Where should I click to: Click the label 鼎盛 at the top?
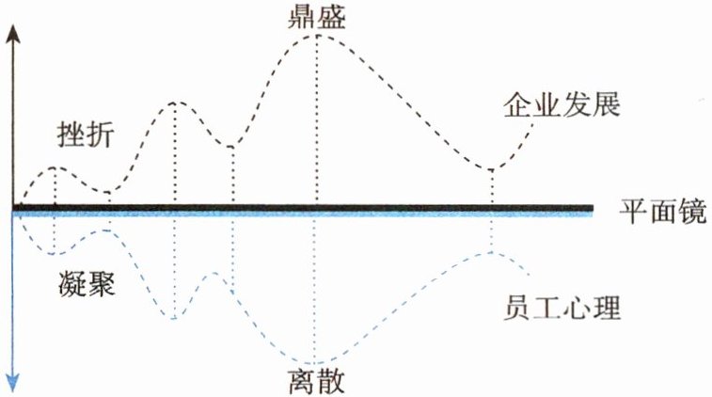point(316,16)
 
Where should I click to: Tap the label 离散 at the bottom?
point(317,382)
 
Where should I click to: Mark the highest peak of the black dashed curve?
point(318,35)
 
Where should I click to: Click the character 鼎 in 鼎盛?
point(302,16)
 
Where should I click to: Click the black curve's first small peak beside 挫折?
point(55,167)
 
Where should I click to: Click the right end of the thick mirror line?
point(592,208)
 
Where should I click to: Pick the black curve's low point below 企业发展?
point(492,169)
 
